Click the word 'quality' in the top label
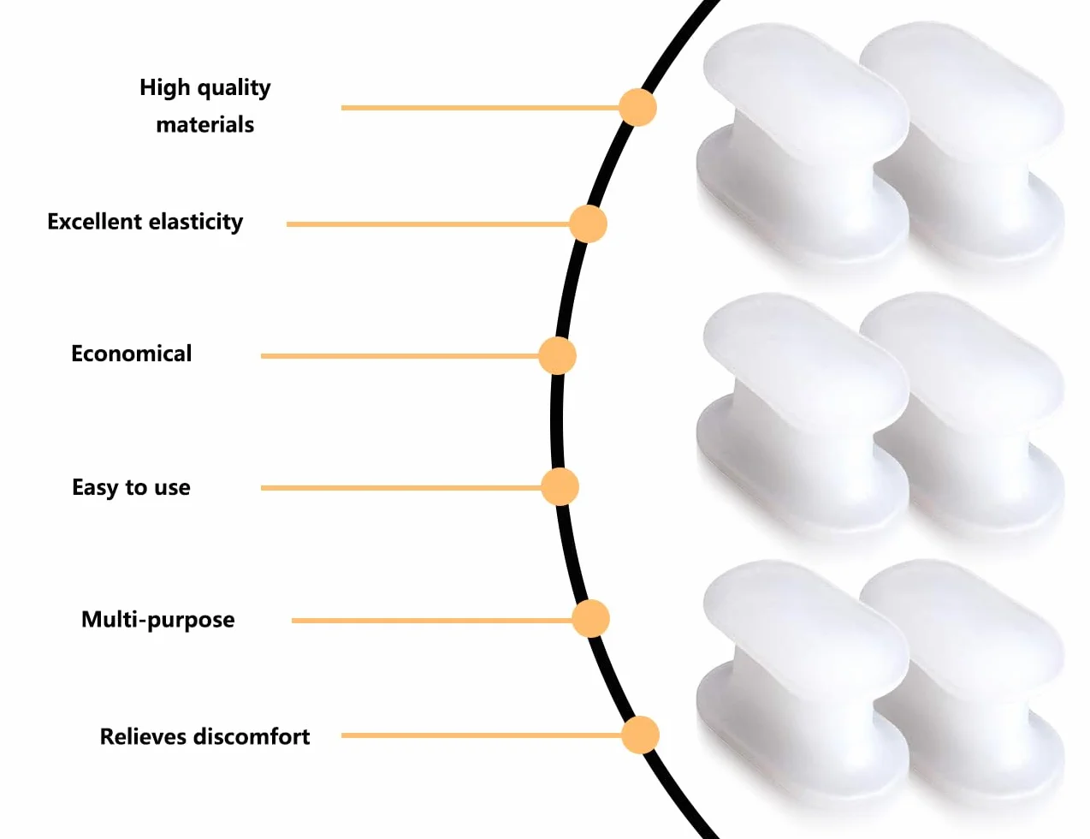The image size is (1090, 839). coord(234,89)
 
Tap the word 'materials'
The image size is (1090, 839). coord(205,124)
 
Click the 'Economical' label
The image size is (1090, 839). coord(132,354)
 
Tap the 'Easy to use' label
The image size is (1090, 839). coord(132,487)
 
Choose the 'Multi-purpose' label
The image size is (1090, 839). coord(158,620)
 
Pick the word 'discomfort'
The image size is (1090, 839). coord(252,736)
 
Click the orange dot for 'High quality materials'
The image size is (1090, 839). coord(637,107)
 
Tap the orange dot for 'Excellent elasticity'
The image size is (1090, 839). coord(588,223)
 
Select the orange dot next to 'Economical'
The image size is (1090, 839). coord(557,356)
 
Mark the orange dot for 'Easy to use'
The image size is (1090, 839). coord(560,487)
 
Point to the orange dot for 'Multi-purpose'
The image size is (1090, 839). coord(591,619)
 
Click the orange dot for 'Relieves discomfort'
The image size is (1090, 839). coord(640,735)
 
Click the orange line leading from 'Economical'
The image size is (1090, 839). coord(400,356)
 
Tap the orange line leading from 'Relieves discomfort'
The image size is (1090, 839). coord(482,735)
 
